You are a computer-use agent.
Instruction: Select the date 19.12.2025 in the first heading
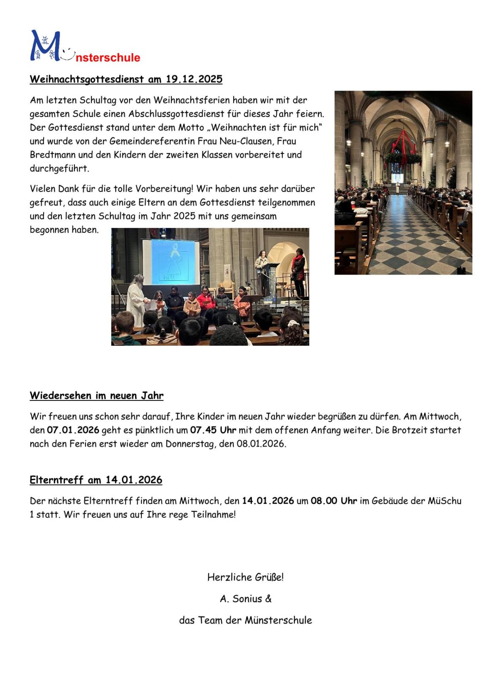194,79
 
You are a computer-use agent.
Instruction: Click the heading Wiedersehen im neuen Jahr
97,395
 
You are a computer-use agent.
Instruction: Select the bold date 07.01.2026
73,430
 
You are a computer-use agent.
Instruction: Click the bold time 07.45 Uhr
213,430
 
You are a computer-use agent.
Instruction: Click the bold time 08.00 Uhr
334,500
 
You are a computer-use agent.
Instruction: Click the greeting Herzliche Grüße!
245,577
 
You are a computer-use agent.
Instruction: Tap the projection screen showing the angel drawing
171,262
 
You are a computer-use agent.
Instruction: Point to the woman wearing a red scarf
298,271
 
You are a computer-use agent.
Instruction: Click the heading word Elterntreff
56,480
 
